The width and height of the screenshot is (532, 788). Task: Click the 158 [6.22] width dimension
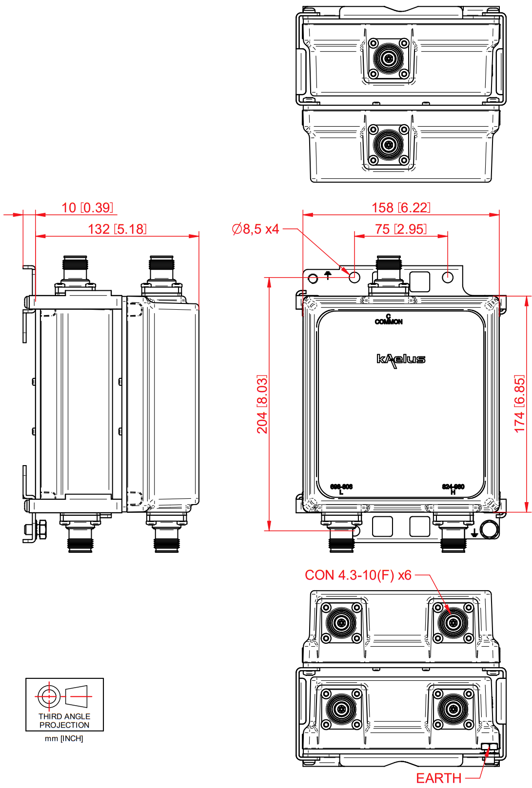[401, 208]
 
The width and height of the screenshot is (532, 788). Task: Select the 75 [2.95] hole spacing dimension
[401, 229]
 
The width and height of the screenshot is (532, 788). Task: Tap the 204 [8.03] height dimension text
[262, 404]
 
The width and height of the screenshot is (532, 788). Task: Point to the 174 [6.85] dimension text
[520, 404]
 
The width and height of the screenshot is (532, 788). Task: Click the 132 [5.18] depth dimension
[117, 229]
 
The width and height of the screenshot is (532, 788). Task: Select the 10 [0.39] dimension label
[87, 208]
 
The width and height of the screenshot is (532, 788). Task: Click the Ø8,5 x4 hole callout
[256, 229]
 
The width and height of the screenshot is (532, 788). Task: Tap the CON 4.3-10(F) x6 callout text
[358, 575]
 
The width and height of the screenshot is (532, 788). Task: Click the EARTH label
[438, 778]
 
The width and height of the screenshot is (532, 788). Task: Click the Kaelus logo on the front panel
[401, 360]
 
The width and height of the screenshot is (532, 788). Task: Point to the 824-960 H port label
[453, 489]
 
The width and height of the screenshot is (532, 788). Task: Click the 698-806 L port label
[341, 489]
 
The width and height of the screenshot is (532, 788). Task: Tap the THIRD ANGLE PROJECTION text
[64, 721]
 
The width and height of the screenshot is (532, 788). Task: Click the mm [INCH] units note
[64, 739]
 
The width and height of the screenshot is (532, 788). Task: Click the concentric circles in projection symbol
[49, 696]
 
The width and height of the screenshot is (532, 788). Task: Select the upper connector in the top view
[389, 59]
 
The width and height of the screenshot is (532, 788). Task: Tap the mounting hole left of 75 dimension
[355, 278]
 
